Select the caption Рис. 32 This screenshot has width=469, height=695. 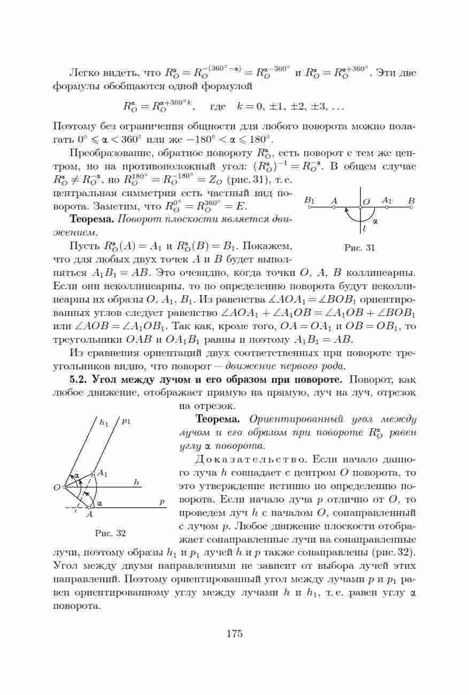(110, 533)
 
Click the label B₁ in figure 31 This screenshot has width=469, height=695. (309, 200)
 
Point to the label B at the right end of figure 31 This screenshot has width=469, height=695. (411, 200)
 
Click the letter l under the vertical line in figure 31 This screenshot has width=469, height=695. (364, 228)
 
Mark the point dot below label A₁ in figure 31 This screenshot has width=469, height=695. (387, 207)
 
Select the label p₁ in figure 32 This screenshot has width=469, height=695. (126, 421)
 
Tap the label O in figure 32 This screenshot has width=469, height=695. (57, 487)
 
